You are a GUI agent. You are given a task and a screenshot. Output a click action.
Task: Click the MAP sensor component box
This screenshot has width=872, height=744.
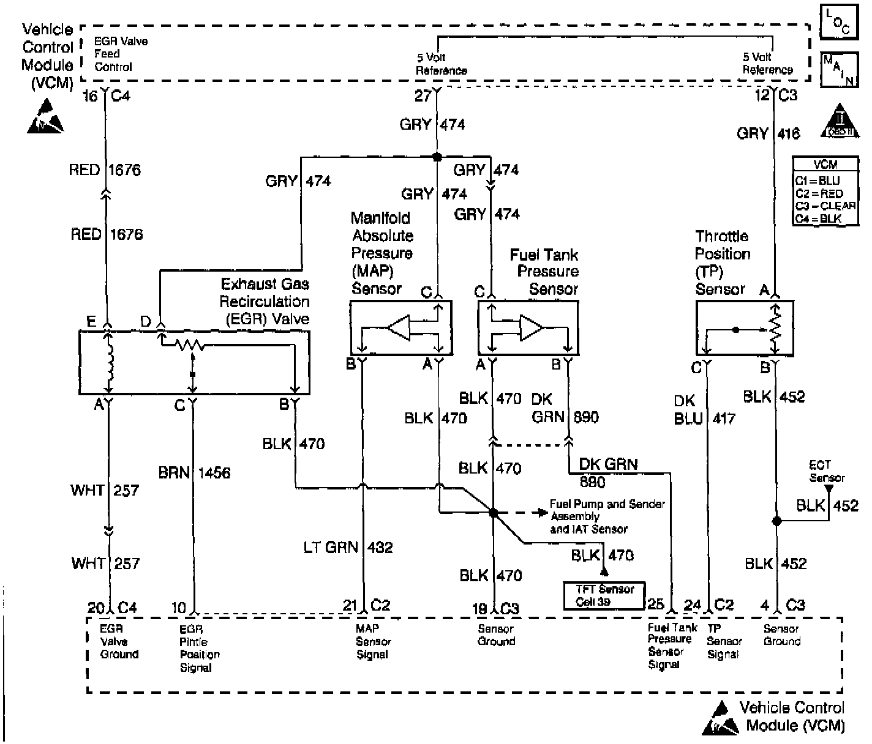[401, 328]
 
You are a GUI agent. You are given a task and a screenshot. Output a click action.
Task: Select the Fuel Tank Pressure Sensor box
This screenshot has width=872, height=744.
[527, 328]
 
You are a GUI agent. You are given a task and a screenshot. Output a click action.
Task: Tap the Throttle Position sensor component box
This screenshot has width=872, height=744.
[744, 328]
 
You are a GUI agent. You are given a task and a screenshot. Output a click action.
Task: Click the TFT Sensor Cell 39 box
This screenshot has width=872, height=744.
[604, 595]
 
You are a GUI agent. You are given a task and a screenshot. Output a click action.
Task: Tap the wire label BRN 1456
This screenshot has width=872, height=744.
[194, 473]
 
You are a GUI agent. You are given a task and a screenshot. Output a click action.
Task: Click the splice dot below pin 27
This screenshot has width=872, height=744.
[437, 157]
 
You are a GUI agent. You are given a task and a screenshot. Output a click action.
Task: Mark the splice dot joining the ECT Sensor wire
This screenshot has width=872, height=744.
[776, 521]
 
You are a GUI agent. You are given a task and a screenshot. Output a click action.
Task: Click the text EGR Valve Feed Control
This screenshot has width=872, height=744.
[121, 54]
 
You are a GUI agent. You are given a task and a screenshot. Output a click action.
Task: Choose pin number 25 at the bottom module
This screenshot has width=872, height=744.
[655, 604]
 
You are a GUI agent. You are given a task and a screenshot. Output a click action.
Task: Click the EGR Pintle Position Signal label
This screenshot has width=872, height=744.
[200, 648]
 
